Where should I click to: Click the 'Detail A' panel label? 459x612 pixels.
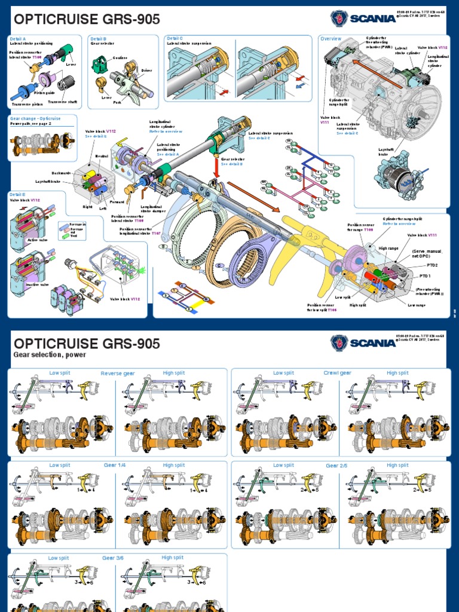point(17,39)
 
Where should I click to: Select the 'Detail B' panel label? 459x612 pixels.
point(97,39)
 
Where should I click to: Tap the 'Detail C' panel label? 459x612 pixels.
point(175,39)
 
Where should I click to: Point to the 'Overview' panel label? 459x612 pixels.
point(331,39)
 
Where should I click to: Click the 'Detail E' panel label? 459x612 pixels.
point(17,194)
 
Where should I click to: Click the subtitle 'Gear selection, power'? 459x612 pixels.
point(50,354)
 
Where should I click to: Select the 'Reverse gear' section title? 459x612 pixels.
point(118,374)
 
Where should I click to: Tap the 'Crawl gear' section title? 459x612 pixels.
point(337,373)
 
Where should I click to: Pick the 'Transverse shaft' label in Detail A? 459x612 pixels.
point(66,102)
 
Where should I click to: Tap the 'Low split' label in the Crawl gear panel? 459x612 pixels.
point(283,373)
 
